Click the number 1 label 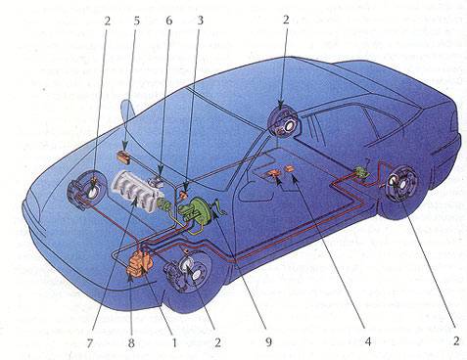pos(174,342)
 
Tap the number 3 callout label pos(200,21)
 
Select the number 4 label pos(368,341)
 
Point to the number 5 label pos(136,21)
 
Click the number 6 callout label pos(168,21)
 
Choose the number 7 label pos(89,343)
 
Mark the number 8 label pos(131,343)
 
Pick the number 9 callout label pos(268,341)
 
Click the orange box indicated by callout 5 pos(123,157)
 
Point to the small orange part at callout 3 pos(184,196)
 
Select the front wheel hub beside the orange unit pos(188,270)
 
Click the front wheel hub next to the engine pos(87,192)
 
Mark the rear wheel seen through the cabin pos(283,123)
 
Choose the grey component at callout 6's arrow pos(157,182)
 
